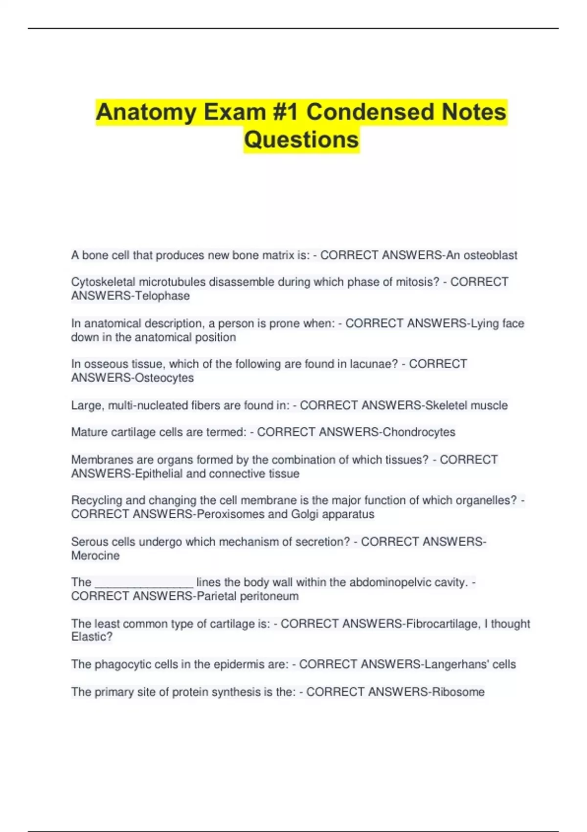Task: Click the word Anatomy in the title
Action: coord(145,112)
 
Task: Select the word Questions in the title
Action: coord(301,139)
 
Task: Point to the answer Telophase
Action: coord(162,296)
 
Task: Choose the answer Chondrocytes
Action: coord(419,432)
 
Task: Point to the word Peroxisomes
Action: coord(230,514)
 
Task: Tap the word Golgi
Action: coord(304,514)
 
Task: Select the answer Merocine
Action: coord(95,556)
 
